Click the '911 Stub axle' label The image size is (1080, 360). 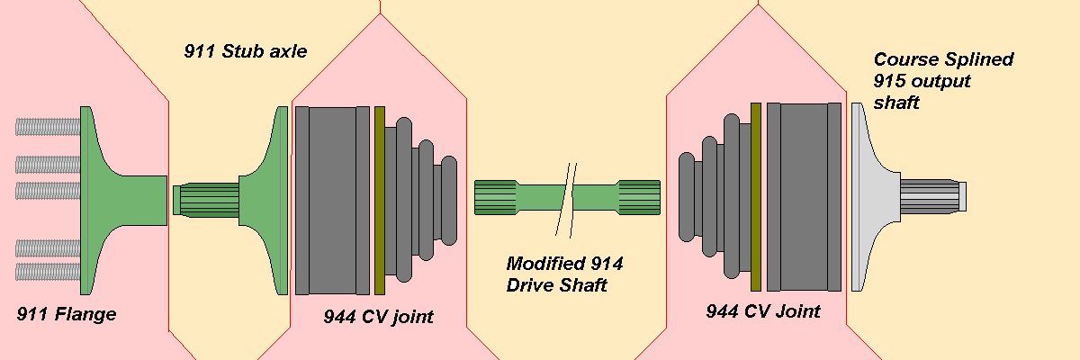click(246, 51)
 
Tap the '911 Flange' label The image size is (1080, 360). click(67, 314)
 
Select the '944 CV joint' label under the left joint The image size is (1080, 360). click(379, 317)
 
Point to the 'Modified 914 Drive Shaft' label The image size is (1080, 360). click(564, 274)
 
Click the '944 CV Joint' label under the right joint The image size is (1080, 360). click(763, 311)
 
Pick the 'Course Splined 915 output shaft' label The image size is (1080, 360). click(943, 81)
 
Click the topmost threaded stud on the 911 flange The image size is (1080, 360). click(48, 127)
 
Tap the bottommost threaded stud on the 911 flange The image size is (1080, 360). click(48, 272)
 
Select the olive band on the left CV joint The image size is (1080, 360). click(380, 201)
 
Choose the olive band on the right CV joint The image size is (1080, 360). click(755, 197)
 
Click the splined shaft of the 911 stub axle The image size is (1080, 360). click(206, 200)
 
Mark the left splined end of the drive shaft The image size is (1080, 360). click(496, 198)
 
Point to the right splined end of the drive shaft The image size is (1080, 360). click(638, 198)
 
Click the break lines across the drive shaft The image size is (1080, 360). click(566, 200)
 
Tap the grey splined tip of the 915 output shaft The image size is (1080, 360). click(933, 196)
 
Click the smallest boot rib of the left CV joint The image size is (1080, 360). click(449, 201)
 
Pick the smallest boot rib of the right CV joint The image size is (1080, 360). click(687, 196)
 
